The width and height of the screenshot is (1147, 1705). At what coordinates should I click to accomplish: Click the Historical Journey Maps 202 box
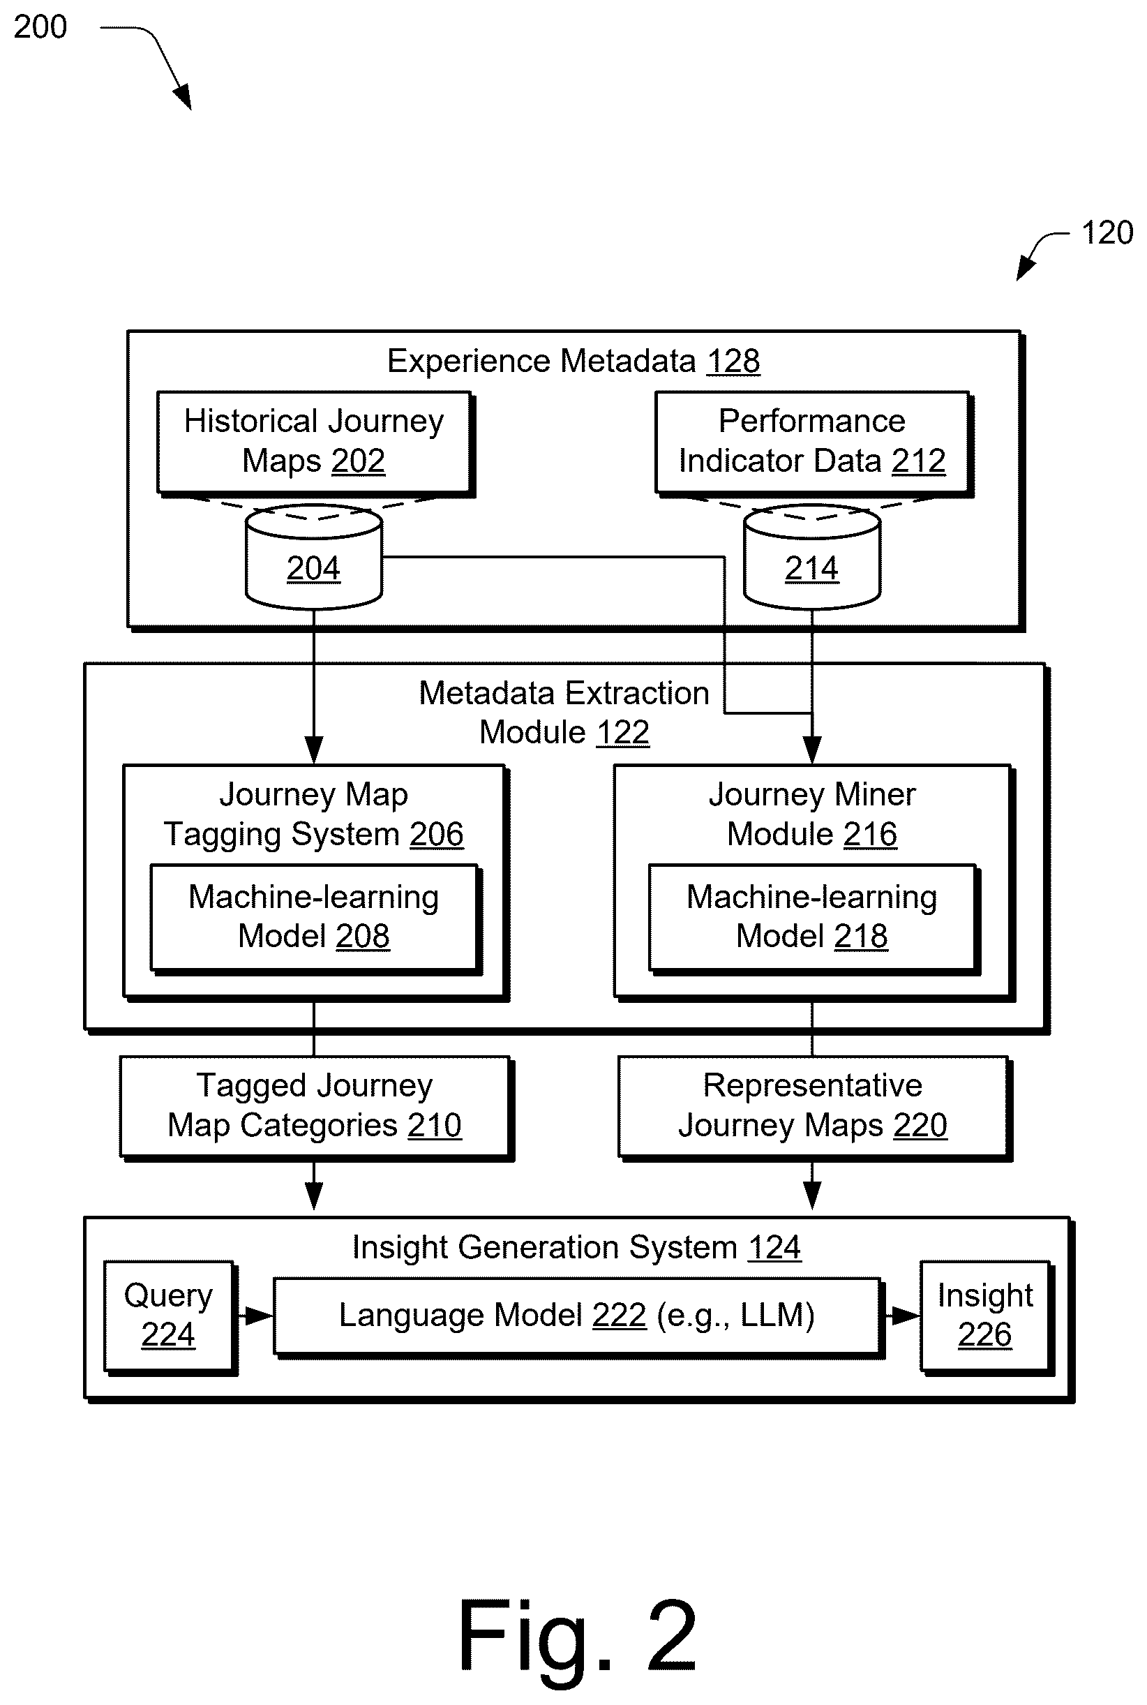[x=315, y=443]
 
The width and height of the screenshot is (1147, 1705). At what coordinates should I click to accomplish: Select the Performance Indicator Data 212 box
[x=814, y=443]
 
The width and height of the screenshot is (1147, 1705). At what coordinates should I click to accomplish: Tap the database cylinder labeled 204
[x=314, y=557]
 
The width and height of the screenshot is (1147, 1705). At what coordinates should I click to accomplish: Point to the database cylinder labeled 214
[x=812, y=557]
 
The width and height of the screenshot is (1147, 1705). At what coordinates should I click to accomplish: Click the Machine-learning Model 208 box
[x=315, y=919]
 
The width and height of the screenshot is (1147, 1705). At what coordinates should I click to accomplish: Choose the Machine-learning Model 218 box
[x=814, y=919]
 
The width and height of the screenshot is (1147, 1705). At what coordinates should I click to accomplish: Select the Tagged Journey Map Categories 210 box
[x=316, y=1108]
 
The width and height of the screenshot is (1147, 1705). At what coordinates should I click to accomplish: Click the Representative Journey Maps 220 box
[x=814, y=1108]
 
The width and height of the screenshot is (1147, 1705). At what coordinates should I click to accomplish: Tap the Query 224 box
[x=170, y=1317]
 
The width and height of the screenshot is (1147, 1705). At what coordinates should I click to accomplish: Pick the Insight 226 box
[x=987, y=1317]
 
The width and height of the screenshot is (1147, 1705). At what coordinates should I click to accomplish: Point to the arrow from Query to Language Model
[x=255, y=1316]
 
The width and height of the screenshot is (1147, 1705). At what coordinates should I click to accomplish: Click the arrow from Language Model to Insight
[x=903, y=1316]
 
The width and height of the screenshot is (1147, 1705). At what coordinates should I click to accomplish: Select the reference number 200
[x=40, y=27]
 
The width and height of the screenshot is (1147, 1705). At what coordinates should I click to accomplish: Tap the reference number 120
[x=1107, y=232]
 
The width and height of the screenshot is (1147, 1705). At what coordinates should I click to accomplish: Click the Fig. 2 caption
[x=578, y=1636]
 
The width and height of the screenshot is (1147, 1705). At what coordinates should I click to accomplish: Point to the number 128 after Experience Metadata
[x=733, y=362]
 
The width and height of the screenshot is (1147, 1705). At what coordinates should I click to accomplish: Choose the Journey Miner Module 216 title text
[x=812, y=814]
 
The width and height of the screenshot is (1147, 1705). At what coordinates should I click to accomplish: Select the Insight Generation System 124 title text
[x=576, y=1247]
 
